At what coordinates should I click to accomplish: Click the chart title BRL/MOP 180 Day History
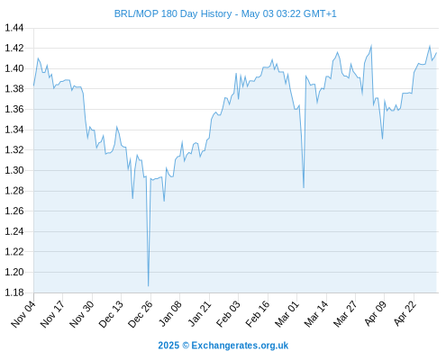[x=173, y=13]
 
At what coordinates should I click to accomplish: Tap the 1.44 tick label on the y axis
[x=14, y=28]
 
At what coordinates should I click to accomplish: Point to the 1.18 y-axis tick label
[x=14, y=292]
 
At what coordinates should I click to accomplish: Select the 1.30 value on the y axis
[x=14, y=170]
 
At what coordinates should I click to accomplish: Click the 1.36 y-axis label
[x=14, y=109]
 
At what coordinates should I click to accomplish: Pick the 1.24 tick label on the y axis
[x=14, y=231]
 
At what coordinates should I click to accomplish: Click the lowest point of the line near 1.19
[x=149, y=286]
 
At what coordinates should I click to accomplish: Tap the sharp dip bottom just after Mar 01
[x=304, y=187]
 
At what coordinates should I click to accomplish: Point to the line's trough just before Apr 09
[x=382, y=139]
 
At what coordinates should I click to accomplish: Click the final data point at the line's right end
[x=436, y=53]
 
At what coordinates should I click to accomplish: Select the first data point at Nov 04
[x=33, y=85]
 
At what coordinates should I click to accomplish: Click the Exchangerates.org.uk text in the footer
[x=240, y=346]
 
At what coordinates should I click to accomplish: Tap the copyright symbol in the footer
[x=186, y=346]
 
